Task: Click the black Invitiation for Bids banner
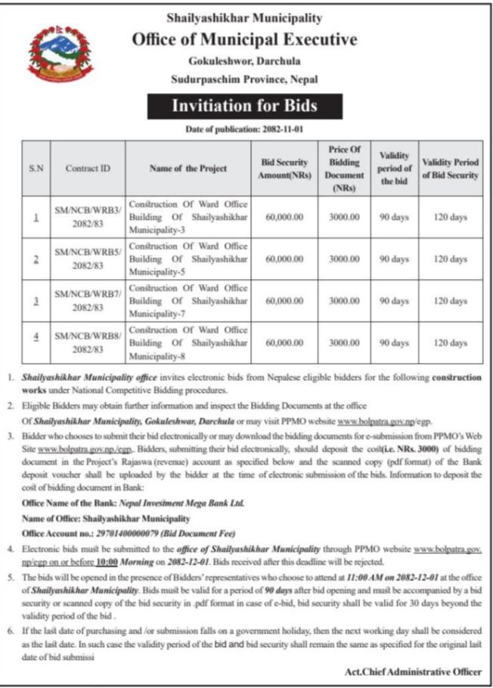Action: click(244, 106)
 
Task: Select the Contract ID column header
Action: click(87, 169)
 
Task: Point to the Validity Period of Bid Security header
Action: click(451, 169)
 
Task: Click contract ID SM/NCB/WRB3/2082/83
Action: click(87, 217)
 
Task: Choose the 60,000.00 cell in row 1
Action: click(284, 217)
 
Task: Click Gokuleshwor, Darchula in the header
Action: click(243, 60)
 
